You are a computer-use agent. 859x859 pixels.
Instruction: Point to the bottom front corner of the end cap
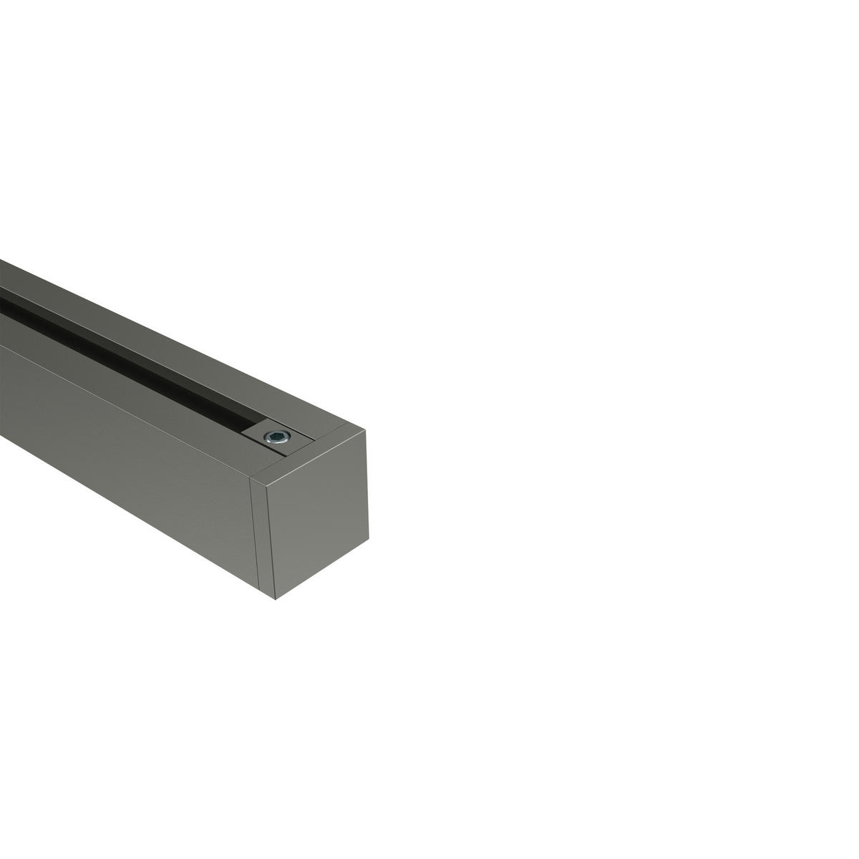(x=276, y=598)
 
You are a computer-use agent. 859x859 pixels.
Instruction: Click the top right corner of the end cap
(x=366, y=431)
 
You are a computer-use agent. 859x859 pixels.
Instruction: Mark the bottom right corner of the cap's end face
(x=368, y=540)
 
